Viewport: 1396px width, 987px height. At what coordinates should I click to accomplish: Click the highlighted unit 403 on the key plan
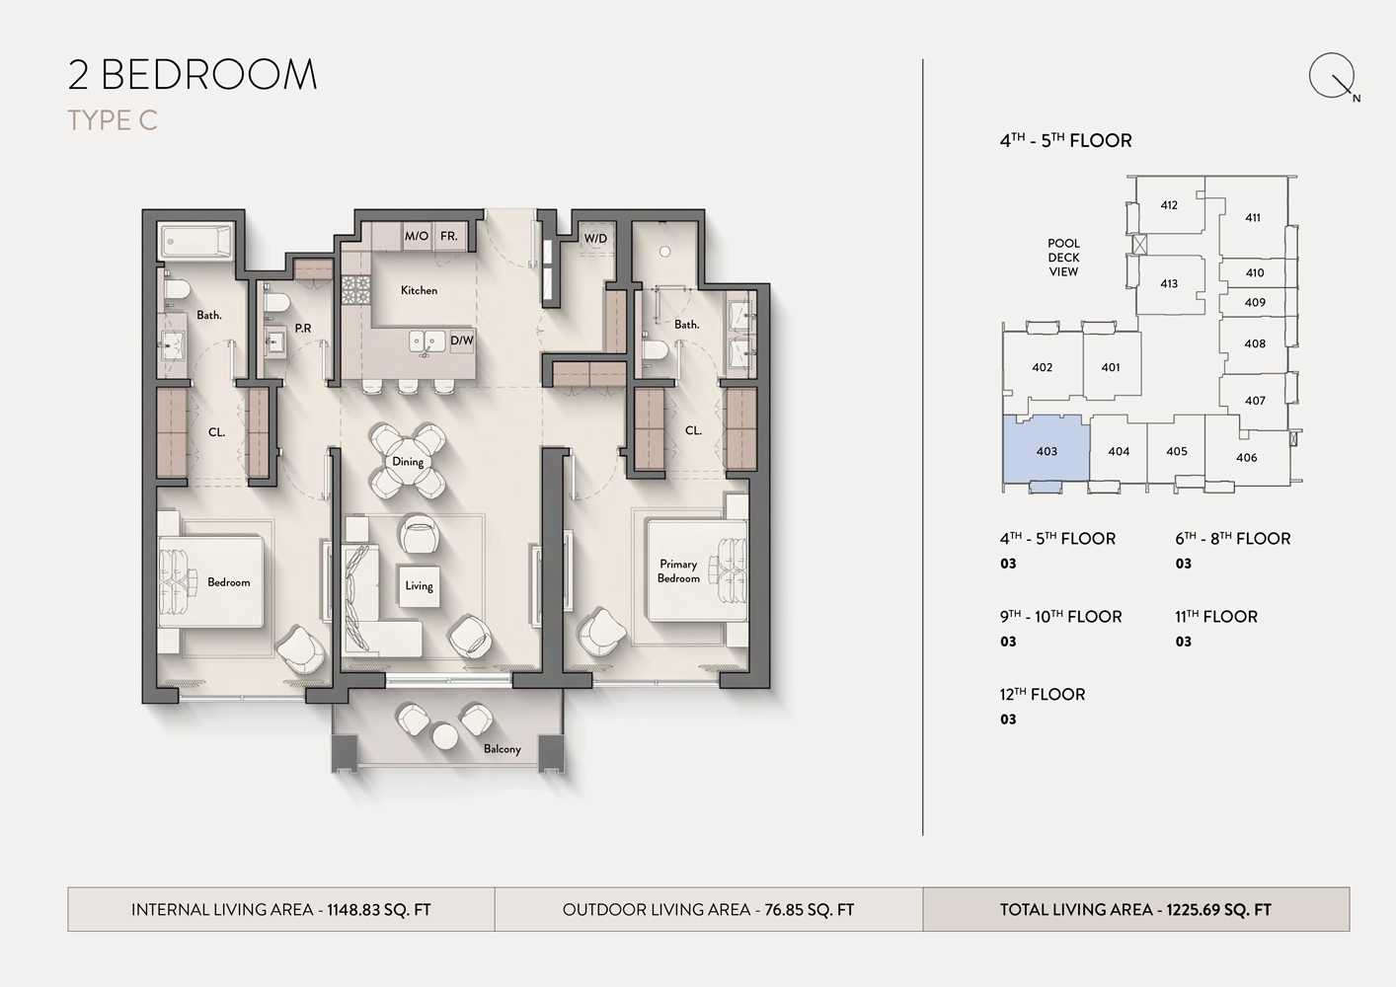click(x=1046, y=450)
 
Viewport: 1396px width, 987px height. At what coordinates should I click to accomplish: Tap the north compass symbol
click(x=1333, y=76)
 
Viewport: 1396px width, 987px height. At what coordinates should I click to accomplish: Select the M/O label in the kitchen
click(x=417, y=236)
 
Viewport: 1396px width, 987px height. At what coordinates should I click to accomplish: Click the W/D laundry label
click(x=595, y=238)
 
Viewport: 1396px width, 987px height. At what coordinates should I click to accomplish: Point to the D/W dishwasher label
click(x=462, y=341)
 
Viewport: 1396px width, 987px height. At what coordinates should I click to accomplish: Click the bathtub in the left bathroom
click(x=196, y=241)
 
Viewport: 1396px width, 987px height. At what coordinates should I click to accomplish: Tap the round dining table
click(x=408, y=462)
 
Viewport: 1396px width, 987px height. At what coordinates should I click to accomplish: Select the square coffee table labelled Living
click(x=419, y=585)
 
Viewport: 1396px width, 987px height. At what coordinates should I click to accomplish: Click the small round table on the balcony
click(x=445, y=736)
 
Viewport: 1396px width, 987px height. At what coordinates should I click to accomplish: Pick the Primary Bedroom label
click(x=678, y=570)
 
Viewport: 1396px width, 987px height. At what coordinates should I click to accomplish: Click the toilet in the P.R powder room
click(x=275, y=302)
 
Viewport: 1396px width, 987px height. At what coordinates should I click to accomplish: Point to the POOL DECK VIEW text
click(x=1063, y=258)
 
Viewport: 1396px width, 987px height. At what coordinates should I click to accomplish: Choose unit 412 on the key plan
click(x=1169, y=205)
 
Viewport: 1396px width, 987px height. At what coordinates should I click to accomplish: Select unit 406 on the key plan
click(x=1246, y=457)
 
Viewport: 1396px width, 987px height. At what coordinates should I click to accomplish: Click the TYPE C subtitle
click(x=113, y=120)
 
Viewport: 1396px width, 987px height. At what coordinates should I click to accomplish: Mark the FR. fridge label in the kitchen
click(x=448, y=236)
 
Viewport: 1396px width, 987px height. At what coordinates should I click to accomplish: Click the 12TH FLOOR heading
click(x=1042, y=694)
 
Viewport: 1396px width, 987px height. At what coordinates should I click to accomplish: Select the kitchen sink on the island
click(x=427, y=342)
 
